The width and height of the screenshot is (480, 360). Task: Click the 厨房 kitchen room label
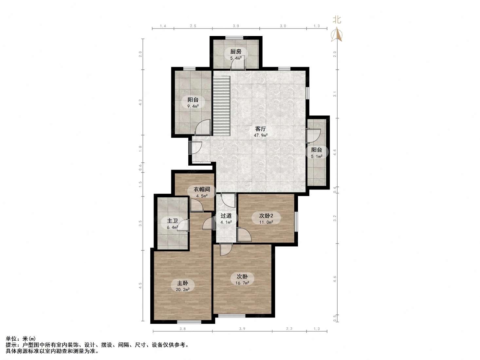pos(236,52)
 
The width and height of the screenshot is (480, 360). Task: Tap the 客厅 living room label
pos(260,129)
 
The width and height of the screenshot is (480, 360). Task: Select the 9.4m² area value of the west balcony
pos(193,106)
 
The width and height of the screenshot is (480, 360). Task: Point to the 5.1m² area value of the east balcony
pos(317,156)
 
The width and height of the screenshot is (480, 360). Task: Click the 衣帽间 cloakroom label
pos(202,189)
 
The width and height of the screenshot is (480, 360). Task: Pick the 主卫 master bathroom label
pos(173,221)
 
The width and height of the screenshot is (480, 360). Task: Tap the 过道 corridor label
pos(226,216)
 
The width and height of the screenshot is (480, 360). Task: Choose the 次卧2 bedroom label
pos(266,216)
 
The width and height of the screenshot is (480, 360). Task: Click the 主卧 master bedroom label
pos(182,283)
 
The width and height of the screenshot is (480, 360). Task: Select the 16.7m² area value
pos(242,283)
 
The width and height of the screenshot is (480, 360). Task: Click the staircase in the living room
pos(222,106)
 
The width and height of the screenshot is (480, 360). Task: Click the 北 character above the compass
pos(337,20)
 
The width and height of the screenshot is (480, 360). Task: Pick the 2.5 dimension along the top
pos(193,26)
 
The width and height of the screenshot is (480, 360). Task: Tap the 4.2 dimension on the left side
pos(140,102)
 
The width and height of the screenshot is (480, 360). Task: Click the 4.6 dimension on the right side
pos(335,279)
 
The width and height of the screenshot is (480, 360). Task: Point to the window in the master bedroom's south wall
pos(189,322)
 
